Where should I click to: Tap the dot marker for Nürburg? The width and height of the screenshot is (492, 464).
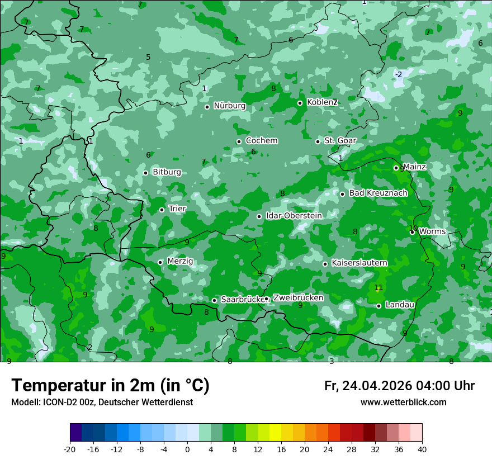(x=207, y=107)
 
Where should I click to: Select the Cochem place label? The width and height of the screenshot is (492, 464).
(x=261, y=141)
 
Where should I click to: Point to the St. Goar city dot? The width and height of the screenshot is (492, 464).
(x=318, y=141)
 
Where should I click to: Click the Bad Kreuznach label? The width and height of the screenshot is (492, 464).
(x=378, y=193)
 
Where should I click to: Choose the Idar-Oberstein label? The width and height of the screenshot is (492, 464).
(x=294, y=216)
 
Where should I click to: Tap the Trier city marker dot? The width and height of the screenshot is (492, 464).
(x=162, y=210)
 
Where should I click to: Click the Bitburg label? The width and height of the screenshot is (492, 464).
(x=167, y=172)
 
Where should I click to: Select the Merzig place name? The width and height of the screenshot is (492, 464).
(x=180, y=261)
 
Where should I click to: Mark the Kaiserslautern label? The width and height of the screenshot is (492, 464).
(x=359, y=263)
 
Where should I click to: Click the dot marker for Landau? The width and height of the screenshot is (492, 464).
(x=379, y=306)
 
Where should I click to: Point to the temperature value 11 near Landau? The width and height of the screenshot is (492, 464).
(x=379, y=288)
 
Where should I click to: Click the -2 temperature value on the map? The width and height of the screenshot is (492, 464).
(x=399, y=74)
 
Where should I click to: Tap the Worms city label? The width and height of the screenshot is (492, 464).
(x=432, y=231)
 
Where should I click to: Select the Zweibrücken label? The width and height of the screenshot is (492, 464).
(x=298, y=298)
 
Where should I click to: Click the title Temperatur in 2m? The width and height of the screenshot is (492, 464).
(x=110, y=386)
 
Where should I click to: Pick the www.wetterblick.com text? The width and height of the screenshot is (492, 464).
(x=403, y=403)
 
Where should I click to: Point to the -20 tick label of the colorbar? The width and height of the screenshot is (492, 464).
(x=70, y=449)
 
